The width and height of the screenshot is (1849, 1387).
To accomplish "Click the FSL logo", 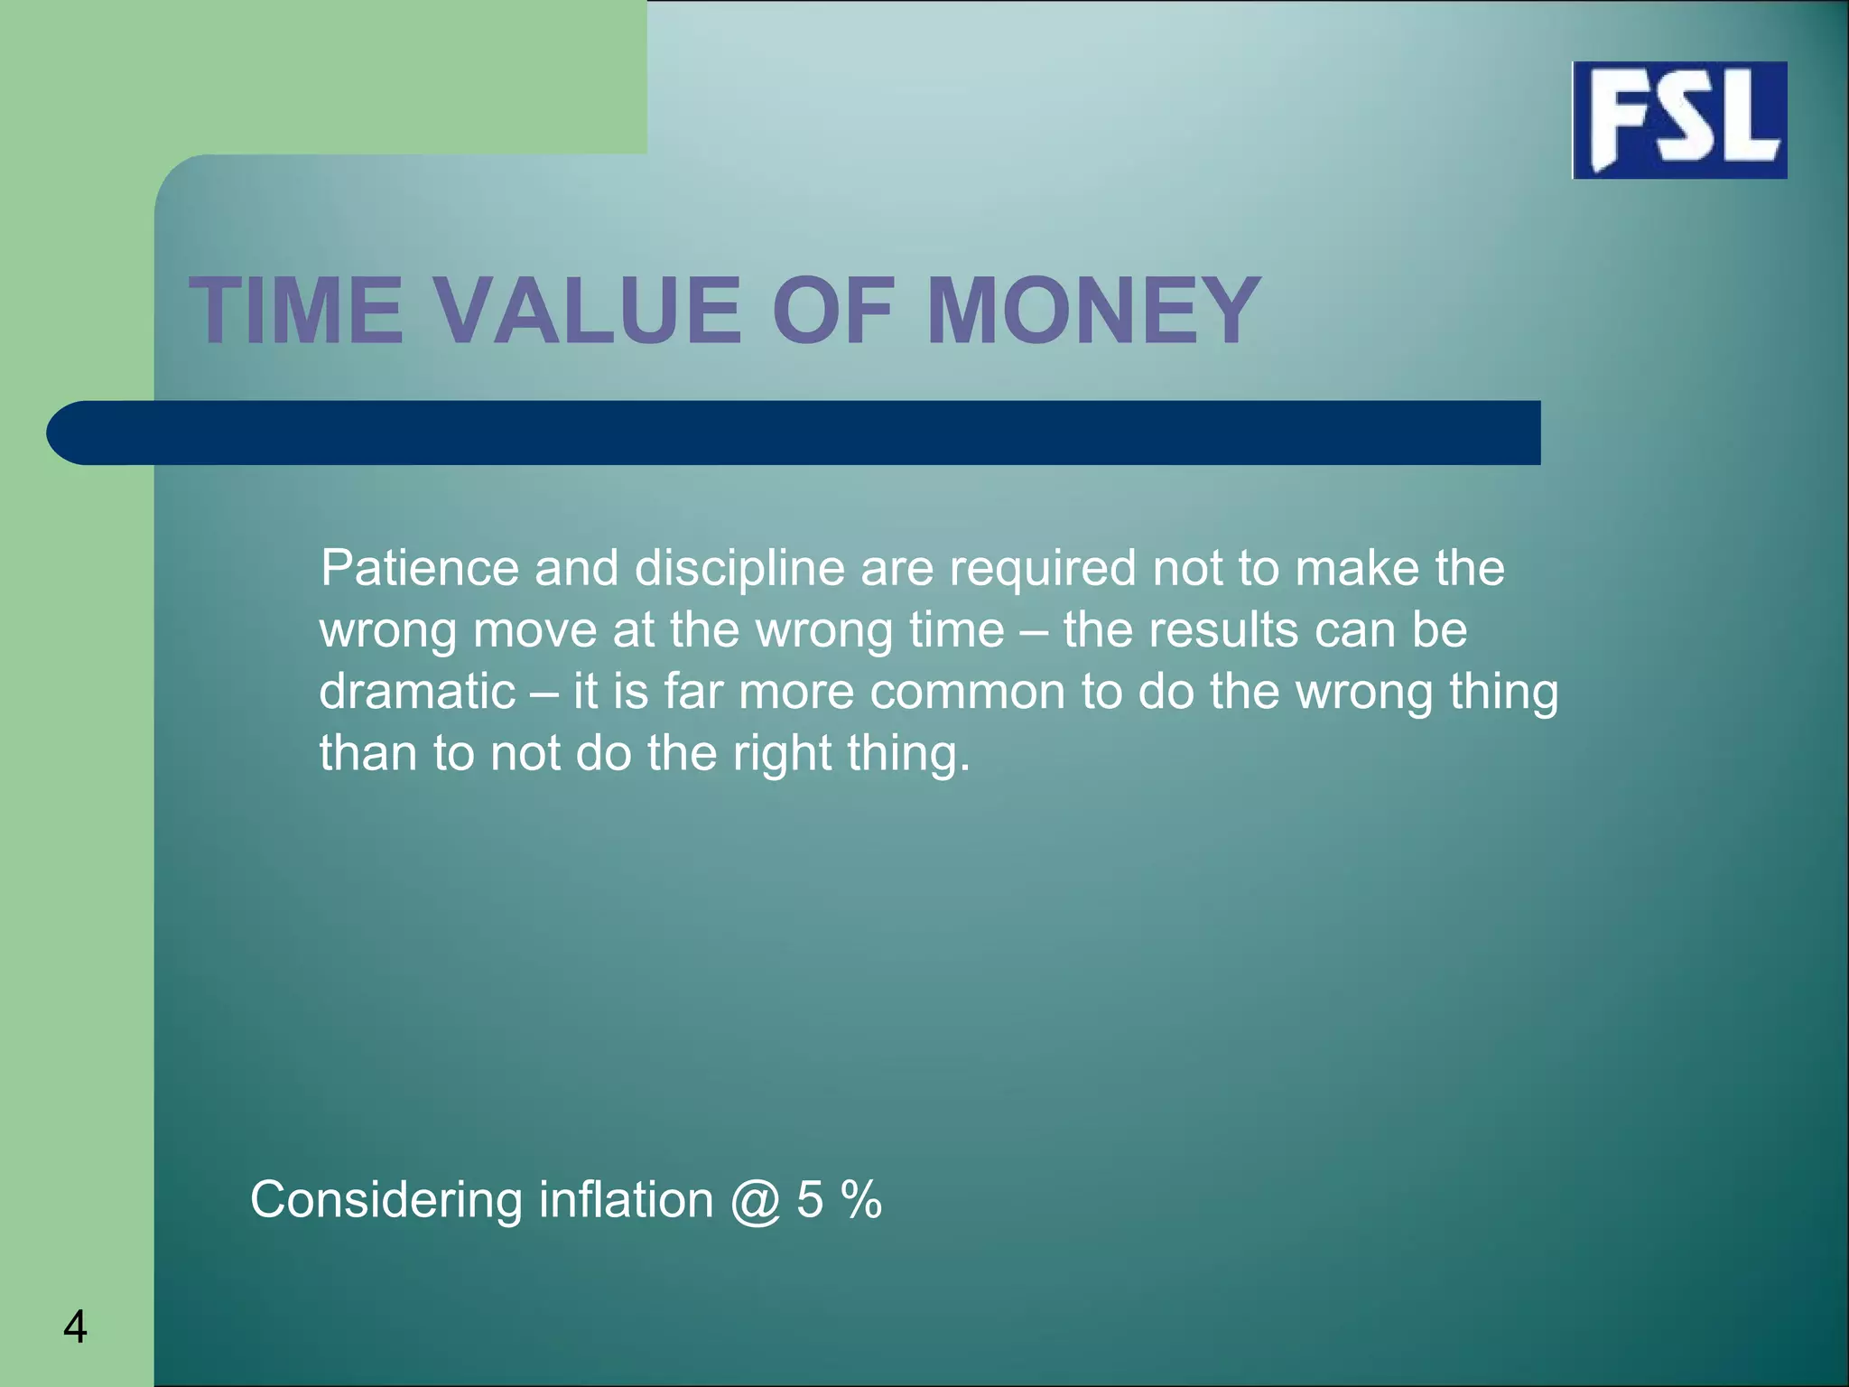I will pyautogui.click(x=1679, y=120).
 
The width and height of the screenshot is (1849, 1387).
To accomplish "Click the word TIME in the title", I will pyautogui.click(x=296, y=311).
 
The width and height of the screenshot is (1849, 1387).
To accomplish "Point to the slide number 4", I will pyautogui.click(x=76, y=1327).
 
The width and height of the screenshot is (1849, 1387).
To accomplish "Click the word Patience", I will pyautogui.click(x=419, y=569).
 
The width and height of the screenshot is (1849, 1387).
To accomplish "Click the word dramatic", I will pyautogui.click(x=417, y=692).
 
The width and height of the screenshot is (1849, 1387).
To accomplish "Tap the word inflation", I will pyautogui.click(x=626, y=1200).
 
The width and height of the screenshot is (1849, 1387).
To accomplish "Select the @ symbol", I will pyautogui.click(x=755, y=1202).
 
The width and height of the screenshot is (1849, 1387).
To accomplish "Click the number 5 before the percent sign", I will pyautogui.click(x=810, y=1200).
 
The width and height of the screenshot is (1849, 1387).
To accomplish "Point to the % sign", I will pyautogui.click(x=860, y=1200).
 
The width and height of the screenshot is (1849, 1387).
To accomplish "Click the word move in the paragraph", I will pyautogui.click(x=534, y=630).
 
